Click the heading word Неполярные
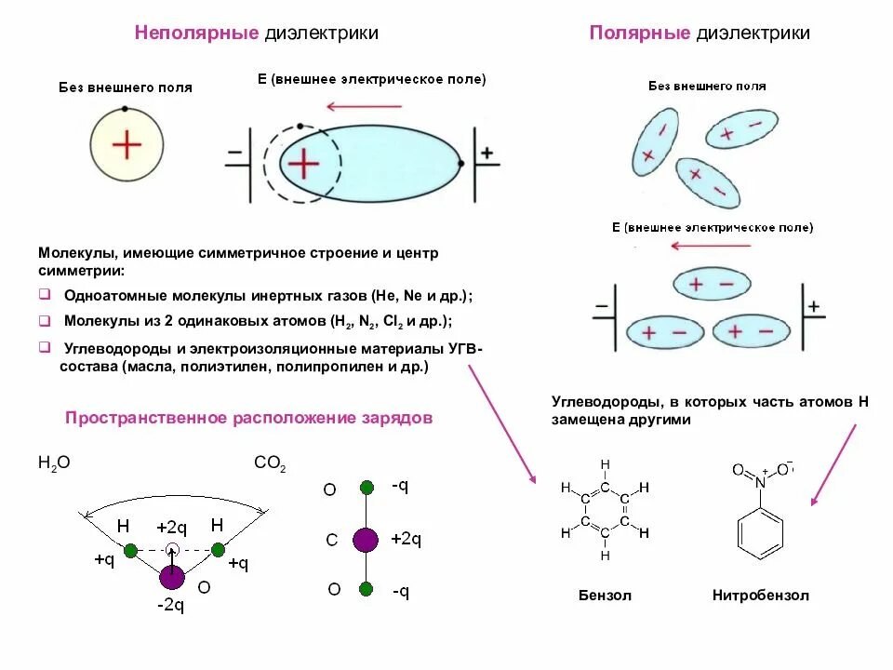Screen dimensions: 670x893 [x=196, y=33]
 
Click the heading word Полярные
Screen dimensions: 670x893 [x=640, y=33]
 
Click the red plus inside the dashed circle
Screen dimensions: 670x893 [x=302, y=164]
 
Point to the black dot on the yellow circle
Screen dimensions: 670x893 [x=125, y=109]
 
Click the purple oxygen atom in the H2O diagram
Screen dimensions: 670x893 [x=172, y=577]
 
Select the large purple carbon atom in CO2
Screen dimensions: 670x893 [x=367, y=539]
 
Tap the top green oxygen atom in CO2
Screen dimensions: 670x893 [x=367, y=487]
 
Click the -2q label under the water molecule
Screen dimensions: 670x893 [x=170, y=606]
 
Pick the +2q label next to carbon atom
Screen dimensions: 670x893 [x=407, y=539]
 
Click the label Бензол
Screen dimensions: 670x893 [x=605, y=596]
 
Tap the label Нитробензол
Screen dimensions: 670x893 [x=761, y=596]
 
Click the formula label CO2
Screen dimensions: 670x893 [x=270, y=462]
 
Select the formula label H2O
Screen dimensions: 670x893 [x=54, y=462]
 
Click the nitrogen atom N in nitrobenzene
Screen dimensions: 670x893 [x=760, y=483]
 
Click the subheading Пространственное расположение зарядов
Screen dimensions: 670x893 [x=248, y=418]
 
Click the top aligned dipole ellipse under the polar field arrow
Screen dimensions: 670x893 [x=711, y=284]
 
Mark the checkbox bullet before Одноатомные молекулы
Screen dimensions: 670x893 [x=44, y=296]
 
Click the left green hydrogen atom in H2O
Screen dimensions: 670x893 [x=130, y=551]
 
